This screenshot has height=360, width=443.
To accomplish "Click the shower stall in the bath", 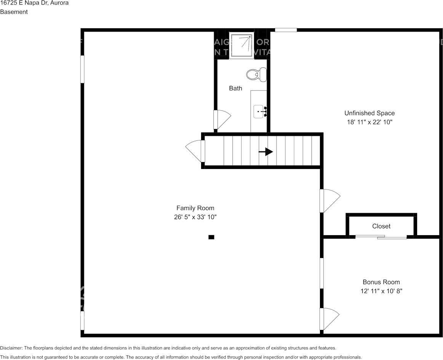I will coord(241,46).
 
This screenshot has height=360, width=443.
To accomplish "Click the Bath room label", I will coord(235,88).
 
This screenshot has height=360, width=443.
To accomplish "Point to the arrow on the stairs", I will coord(266,152).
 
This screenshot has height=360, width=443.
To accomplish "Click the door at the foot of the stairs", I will coord(196,151).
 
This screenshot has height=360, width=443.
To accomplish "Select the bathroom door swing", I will coord(222,119).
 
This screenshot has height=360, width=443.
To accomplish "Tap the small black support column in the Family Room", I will coord(211,237).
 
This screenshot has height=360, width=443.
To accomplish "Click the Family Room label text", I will coord(195,208).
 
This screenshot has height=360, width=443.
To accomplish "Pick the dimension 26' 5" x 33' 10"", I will coord(195,217).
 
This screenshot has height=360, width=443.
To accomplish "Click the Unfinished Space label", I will coord(369,113).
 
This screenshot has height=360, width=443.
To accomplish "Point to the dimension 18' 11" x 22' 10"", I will coord(369,122).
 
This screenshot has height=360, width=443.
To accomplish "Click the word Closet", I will coord(381,226).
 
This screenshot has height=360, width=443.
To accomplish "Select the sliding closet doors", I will coord(381,237).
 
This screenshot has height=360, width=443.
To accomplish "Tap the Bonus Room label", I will coord(381,282).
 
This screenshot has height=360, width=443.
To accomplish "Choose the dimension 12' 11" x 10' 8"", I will coord(381,291).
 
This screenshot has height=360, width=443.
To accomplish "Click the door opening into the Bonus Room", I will coord(328,319).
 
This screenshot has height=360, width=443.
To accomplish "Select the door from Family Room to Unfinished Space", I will coord(329,200).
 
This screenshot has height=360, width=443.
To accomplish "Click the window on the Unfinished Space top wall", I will coord(286,30).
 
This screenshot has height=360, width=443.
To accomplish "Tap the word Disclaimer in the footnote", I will coord(11,348).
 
